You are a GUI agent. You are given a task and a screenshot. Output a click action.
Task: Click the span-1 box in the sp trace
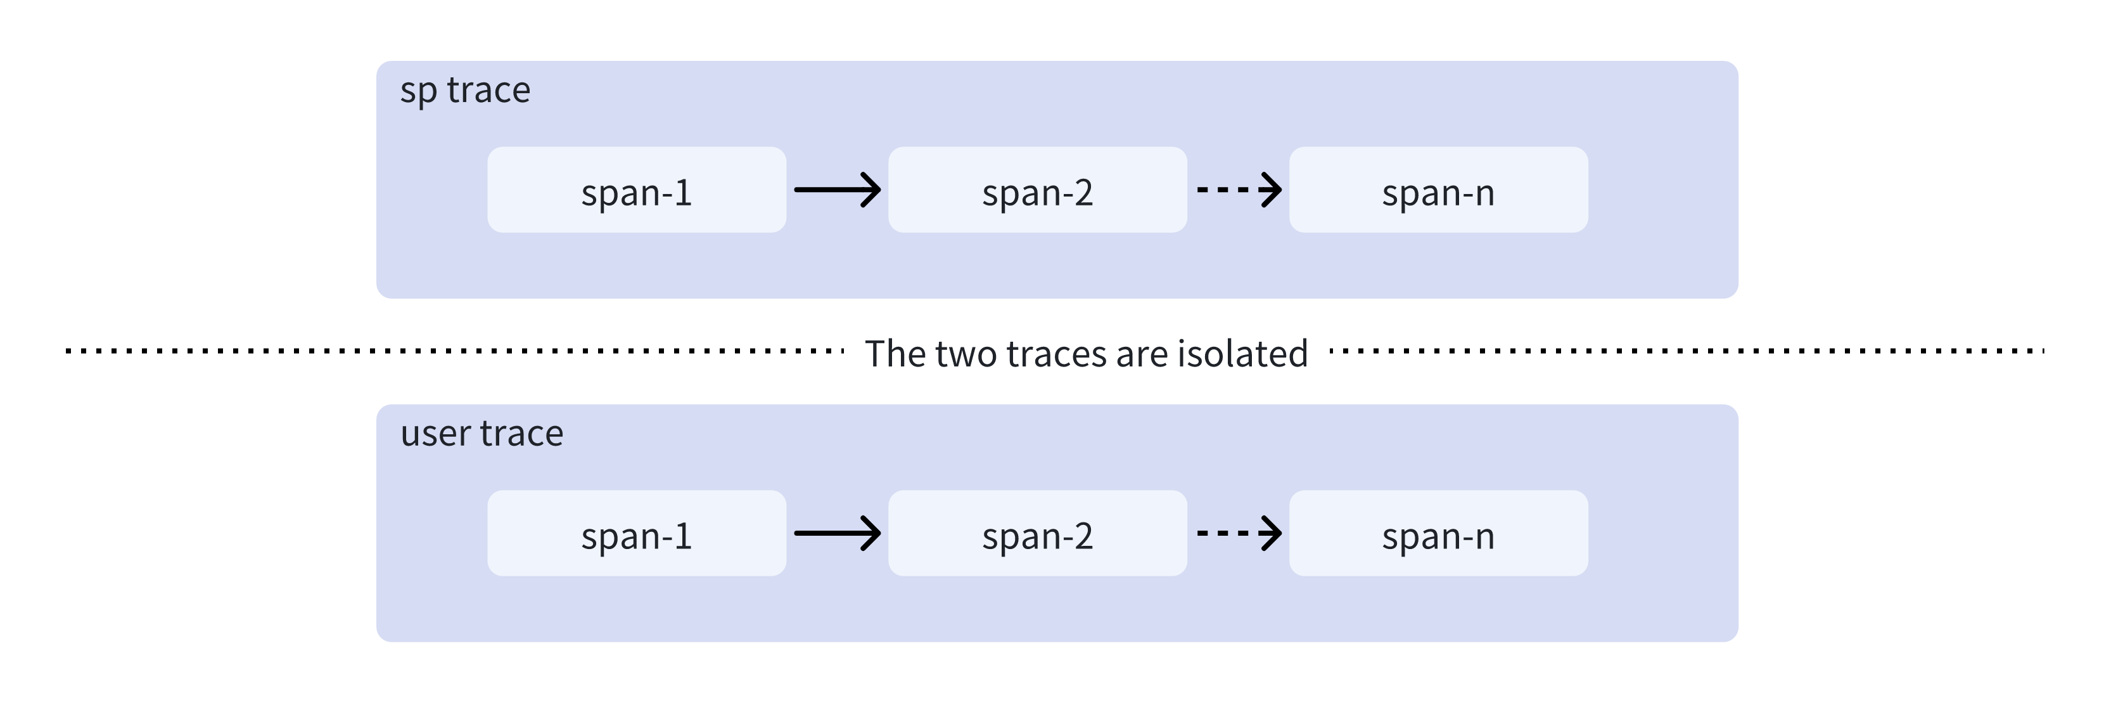point(637,190)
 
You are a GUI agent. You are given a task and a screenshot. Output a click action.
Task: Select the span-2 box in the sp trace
point(1038,190)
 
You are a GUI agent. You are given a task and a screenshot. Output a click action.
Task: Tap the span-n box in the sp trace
point(1438,190)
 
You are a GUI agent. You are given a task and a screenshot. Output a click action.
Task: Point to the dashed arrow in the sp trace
point(1238,190)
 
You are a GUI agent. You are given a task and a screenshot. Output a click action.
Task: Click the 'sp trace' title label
point(464,90)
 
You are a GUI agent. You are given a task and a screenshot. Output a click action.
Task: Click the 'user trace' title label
point(482,434)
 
